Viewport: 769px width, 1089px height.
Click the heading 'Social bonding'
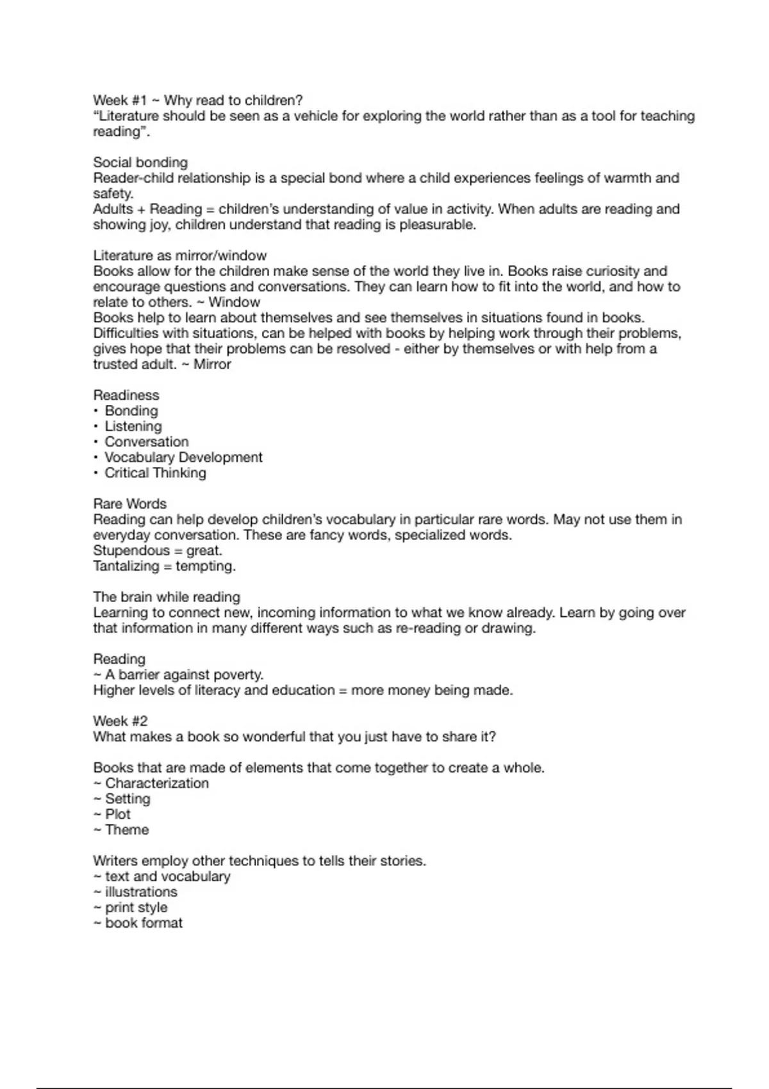[x=140, y=163]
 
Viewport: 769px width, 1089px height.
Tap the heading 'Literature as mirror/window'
[x=179, y=256]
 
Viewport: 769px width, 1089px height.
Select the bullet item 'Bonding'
[x=131, y=411]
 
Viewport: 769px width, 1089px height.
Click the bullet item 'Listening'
[x=133, y=427]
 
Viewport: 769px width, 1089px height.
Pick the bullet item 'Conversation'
[x=147, y=442]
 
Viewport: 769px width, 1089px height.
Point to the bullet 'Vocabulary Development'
[x=183, y=457]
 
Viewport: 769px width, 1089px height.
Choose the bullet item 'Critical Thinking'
[x=156, y=473]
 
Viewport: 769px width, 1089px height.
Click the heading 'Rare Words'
[x=129, y=504]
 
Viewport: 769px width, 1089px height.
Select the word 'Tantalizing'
[x=126, y=566]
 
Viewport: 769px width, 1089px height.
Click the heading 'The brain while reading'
[x=167, y=597]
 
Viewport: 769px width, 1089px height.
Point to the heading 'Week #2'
[x=120, y=721]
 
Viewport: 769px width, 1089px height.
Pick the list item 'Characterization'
[x=157, y=783]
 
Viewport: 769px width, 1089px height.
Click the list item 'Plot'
[x=118, y=814]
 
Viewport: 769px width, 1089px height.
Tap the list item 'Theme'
[x=127, y=830]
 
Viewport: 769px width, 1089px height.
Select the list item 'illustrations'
[x=141, y=892]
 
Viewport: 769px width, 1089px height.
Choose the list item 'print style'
[x=136, y=908]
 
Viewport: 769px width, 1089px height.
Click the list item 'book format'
[x=144, y=923]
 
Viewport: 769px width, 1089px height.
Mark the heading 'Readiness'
[x=126, y=395]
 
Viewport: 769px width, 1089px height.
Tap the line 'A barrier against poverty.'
[x=184, y=675]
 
